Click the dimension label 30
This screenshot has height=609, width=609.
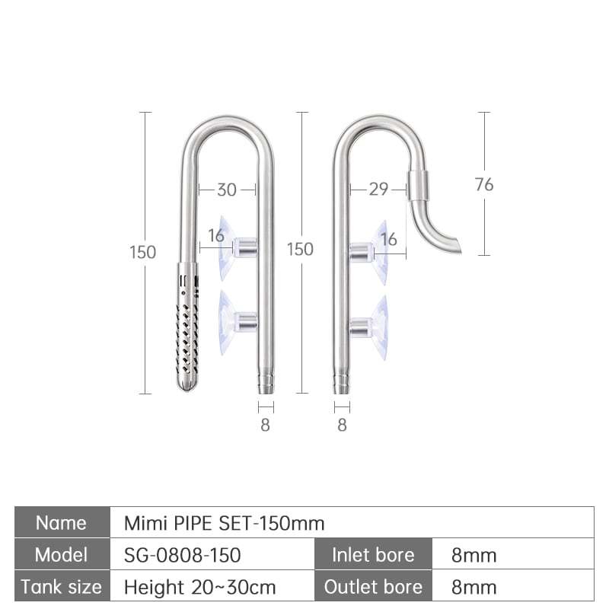click(x=227, y=190)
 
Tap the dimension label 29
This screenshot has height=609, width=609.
click(x=378, y=189)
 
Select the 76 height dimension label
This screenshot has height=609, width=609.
click(x=484, y=184)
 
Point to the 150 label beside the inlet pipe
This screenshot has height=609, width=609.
click(x=142, y=252)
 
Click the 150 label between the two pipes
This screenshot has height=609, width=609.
click(x=300, y=250)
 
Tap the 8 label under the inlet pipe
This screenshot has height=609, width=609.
click(x=265, y=425)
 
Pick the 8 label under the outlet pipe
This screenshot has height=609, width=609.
click(x=342, y=425)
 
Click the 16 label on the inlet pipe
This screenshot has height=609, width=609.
click(x=216, y=235)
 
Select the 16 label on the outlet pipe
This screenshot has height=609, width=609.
click(x=389, y=239)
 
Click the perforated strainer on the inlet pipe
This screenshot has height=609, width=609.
click(x=187, y=327)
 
